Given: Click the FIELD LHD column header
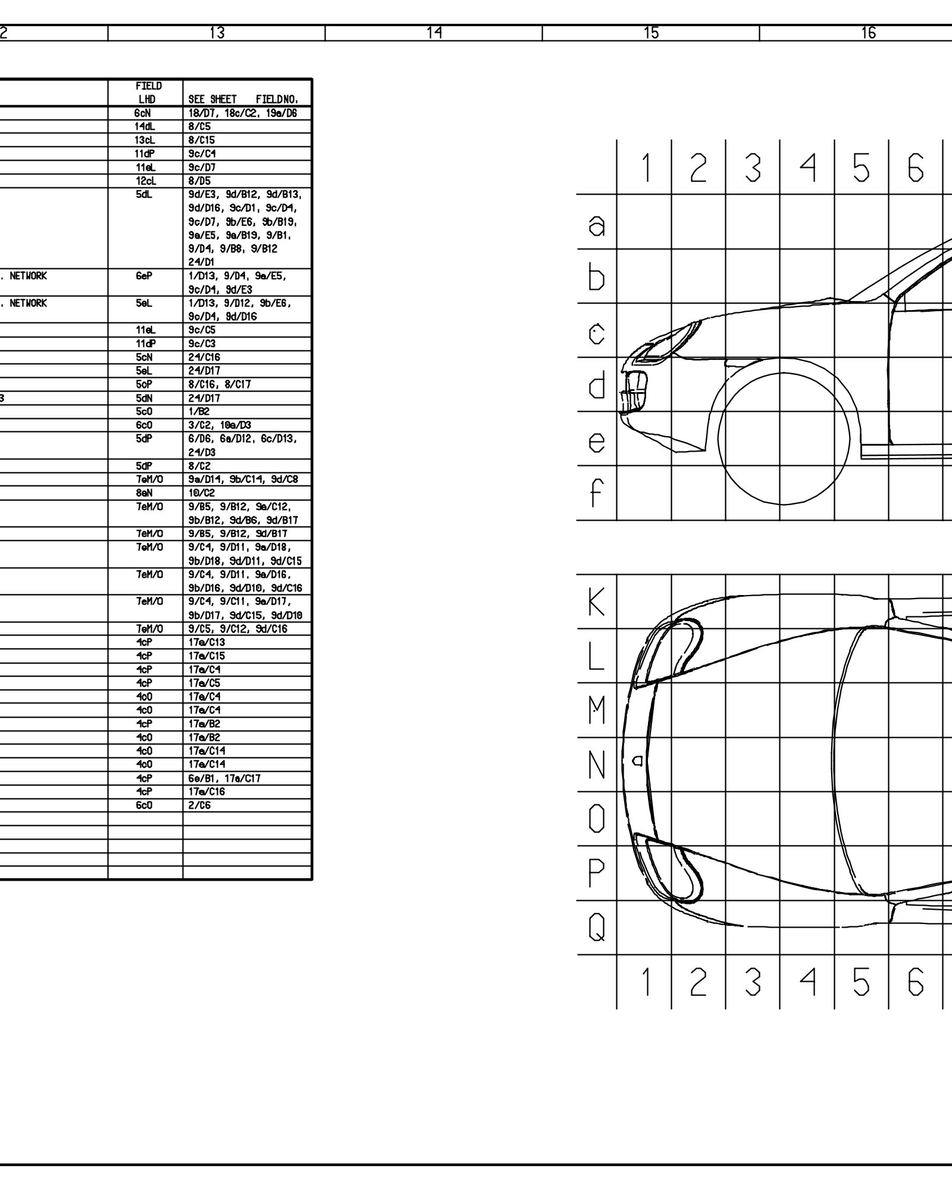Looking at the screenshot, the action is [145, 92].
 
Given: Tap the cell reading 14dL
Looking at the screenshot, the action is [145, 127].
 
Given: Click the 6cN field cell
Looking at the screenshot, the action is [145, 113].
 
